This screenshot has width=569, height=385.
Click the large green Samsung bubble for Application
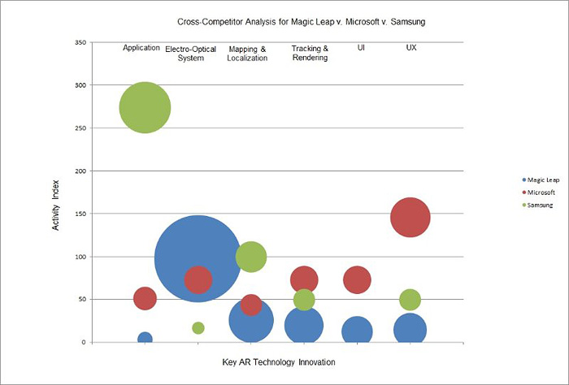pos(145,107)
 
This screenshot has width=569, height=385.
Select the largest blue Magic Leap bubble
pos(198,259)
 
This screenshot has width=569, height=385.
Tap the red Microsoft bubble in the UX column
pos(410,217)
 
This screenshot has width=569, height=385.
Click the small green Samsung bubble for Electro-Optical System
pos(198,327)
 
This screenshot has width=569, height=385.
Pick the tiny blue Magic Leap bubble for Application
pos(145,339)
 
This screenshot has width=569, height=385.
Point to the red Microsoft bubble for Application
pos(145,298)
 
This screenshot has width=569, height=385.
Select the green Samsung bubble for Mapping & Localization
pos(251,257)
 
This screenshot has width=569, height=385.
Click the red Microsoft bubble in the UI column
pos(357,279)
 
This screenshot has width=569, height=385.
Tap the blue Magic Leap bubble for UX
pos(410,329)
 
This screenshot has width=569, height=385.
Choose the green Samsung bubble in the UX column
pos(410,300)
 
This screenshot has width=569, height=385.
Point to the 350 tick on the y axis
pos(79,42)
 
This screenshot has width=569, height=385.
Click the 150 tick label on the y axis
pos(79,214)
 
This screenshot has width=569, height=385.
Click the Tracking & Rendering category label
pos(310,53)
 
